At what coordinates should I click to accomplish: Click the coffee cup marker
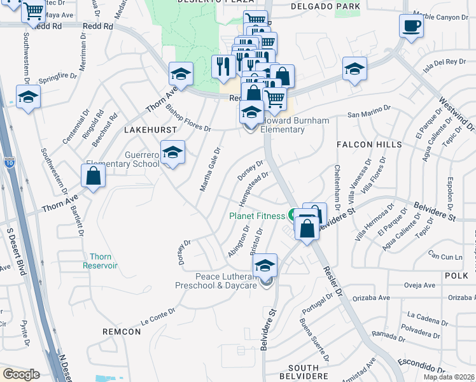(x=411, y=27)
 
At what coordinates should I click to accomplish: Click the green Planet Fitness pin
(x=295, y=215)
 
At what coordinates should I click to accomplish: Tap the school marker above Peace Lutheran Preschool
(x=265, y=265)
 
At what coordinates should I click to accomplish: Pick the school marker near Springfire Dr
(x=28, y=98)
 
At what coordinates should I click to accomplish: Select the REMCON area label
(x=121, y=332)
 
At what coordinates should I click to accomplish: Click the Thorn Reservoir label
(x=100, y=261)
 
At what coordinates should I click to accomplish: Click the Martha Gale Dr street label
(x=209, y=172)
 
